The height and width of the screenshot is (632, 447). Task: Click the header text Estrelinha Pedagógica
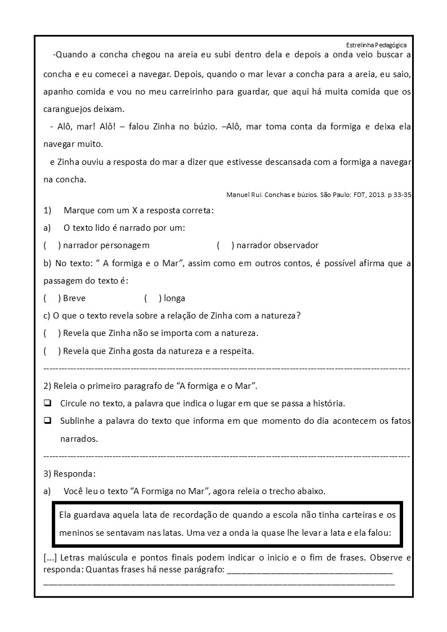click(x=376, y=45)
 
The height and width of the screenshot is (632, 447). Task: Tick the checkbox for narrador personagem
click(x=51, y=245)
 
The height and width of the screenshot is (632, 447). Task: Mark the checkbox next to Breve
click(x=51, y=298)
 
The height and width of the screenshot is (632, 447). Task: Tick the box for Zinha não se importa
click(x=51, y=333)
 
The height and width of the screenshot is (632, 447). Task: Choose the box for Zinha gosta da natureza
click(x=51, y=351)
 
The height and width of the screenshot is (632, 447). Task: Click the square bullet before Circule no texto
click(x=48, y=404)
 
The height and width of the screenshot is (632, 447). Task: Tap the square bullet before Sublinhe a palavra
click(x=48, y=420)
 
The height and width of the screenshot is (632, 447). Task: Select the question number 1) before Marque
click(x=47, y=210)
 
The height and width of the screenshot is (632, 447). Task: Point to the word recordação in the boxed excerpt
click(x=190, y=514)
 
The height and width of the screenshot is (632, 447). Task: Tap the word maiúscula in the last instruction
click(x=109, y=558)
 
